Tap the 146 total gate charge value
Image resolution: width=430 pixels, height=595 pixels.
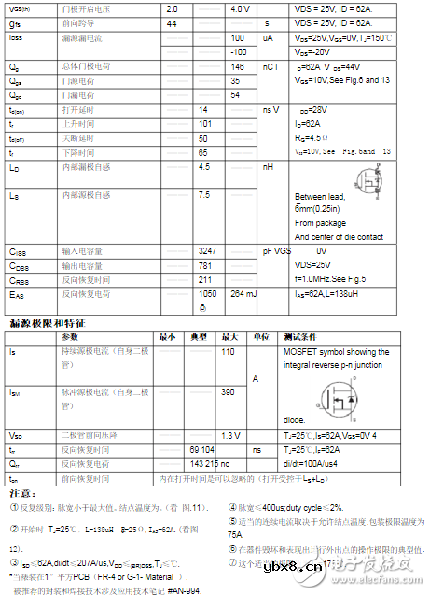(x=238, y=67)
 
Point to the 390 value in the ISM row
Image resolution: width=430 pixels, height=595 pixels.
(x=228, y=392)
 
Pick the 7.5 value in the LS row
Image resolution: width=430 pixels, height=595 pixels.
(x=204, y=195)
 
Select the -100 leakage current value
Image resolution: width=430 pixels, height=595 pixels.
(x=238, y=52)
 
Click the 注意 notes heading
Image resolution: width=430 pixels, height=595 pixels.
(x=18, y=491)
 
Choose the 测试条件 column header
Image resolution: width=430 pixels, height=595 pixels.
(x=301, y=336)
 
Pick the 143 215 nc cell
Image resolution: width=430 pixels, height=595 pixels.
(x=210, y=463)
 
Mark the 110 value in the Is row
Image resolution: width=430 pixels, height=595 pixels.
(x=228, y=352)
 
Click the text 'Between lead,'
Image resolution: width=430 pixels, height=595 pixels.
(x=320, y=197)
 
